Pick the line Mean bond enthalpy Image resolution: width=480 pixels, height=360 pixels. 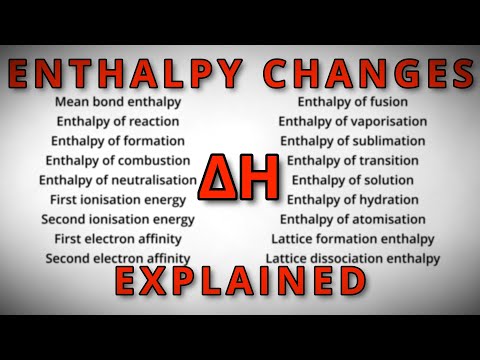(x=112, y=102)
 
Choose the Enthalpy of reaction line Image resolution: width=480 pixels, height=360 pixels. (x=114, y=121)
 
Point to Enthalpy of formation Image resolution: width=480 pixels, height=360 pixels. (x=118, y=141)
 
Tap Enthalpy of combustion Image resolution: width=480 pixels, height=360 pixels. (x=118, y=160)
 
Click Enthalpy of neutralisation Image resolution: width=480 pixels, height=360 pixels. (x=118, y=180)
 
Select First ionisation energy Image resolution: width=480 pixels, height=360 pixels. (x=117, y=199)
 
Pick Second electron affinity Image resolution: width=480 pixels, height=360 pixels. (x=118, y=258)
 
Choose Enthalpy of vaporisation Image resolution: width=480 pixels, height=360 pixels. (x=355, y=121)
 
